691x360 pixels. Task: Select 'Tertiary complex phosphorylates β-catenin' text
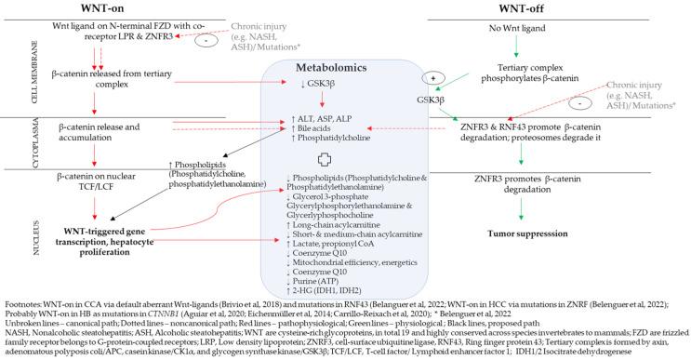(x=539, y=83)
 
